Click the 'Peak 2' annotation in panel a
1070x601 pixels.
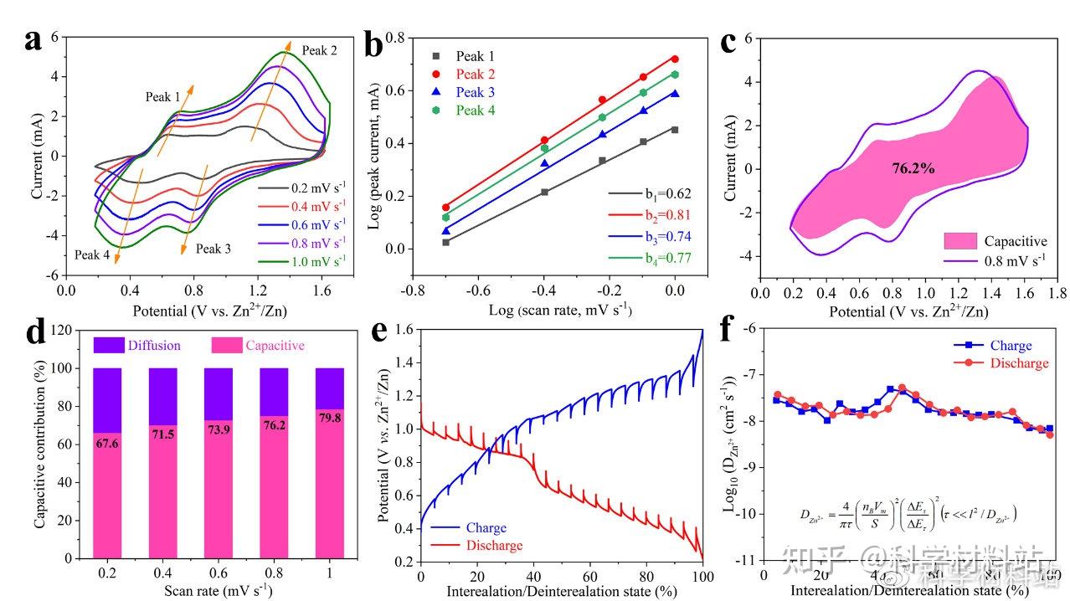(319, 50)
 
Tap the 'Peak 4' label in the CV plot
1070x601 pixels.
(92, 254)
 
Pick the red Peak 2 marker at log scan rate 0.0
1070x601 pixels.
(675, 59)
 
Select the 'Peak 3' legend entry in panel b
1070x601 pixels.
(475, 92)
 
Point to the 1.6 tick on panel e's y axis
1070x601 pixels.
(404, 330)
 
